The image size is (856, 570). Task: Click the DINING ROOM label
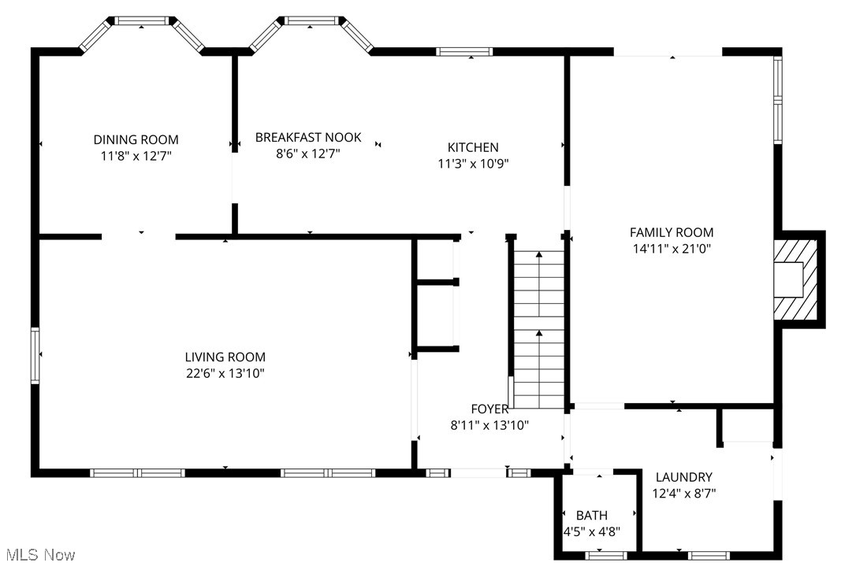[136, 139]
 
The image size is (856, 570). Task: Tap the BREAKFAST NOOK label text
[308, 137]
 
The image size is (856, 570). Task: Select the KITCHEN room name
[473, 147]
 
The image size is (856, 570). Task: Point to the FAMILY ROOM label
[671, 232]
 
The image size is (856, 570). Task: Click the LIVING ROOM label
[225, 357]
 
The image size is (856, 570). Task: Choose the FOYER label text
[489, 409]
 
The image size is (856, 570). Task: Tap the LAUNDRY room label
[684, 477]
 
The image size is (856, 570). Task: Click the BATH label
[591, 516]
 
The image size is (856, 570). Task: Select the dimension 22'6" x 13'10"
[225, 373]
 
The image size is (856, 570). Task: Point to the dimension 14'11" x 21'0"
[671, 249]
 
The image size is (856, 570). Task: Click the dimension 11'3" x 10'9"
[473, 164]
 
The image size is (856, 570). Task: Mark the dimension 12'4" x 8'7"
[684, 494]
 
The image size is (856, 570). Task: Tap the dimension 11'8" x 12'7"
[136, 156]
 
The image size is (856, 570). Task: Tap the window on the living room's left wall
[35, 356]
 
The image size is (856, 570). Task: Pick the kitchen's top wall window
[464, 52]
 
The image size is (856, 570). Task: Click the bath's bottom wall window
[606, 556]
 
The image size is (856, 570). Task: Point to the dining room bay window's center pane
[142, 20]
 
